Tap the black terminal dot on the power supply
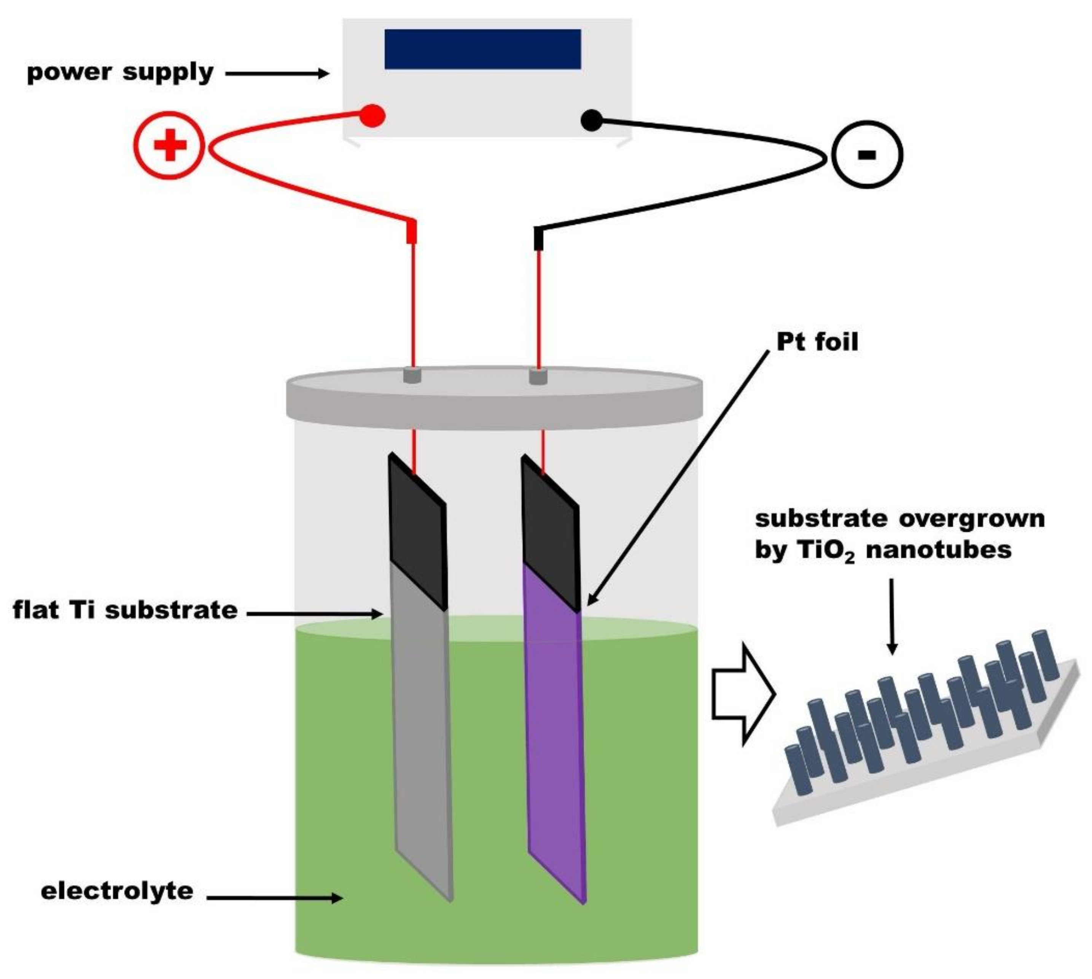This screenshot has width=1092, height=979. pos(592,121)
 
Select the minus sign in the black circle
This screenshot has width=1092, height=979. pos(866,155)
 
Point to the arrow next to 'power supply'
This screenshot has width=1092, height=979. pos(277,74)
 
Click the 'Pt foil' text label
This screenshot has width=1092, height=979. pos(817,342)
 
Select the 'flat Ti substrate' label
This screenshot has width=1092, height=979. pos(125,610)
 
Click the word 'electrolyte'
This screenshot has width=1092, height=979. pos(117,891)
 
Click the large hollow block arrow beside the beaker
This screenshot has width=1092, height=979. pos(742,694)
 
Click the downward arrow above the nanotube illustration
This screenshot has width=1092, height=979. pos(892,616)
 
